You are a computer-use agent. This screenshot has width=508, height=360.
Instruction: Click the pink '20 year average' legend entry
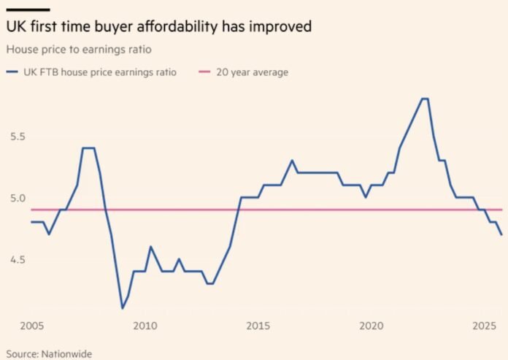point(247,72)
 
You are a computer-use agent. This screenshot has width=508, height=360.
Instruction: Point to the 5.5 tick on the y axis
point(17,137)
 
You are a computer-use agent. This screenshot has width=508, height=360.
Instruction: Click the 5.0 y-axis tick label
point(17,198)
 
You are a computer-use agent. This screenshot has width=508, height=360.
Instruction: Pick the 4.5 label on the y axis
point(17,260)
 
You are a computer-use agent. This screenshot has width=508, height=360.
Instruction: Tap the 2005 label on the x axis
point(31,325)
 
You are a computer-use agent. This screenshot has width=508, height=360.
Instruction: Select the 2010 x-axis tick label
point(145,325)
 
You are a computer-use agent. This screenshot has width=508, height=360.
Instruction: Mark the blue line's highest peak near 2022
point(425,99)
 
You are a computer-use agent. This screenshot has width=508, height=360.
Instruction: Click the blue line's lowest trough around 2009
point(123,308)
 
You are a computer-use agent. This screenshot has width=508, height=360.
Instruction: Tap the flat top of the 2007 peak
point(88,148)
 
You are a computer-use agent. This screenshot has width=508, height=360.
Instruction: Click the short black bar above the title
point(27,9)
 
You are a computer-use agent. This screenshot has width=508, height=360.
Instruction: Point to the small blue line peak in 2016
point(292,161)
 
